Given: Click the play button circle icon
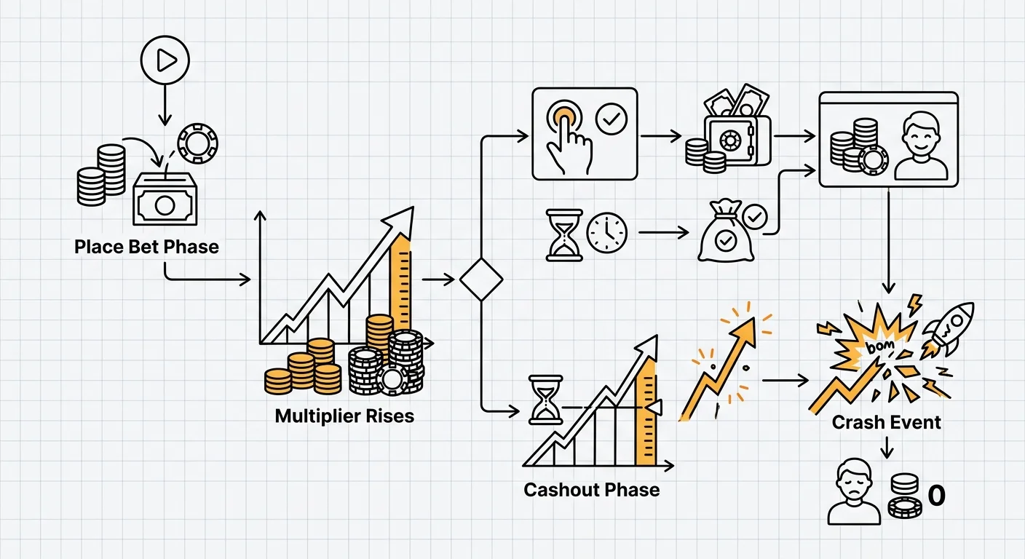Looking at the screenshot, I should point(165,60).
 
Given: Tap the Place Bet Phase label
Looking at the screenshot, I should point(146,247).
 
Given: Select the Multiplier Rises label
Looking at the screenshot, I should point(344,416).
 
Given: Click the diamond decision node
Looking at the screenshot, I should point(481,279).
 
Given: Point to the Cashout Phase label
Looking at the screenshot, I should point(591,489).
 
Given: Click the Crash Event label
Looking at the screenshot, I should point(886,422).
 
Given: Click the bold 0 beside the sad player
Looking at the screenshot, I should point(936,496).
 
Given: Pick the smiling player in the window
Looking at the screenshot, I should point(920,146).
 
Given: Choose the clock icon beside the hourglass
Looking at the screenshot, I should point(606,232).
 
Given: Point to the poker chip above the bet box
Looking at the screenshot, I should point(197,143).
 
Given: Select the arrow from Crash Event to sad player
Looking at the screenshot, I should point(886,446).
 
